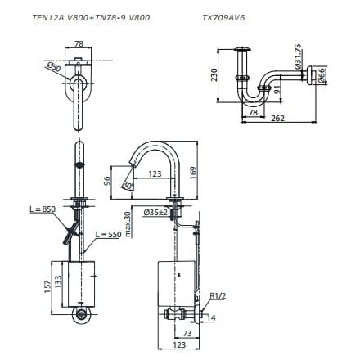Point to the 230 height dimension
[x=214, y=74]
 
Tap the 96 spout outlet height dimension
[x=106, y=180]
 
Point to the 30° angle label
[x=128, y=187]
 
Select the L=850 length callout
[x=42, y=209]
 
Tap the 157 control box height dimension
[x=47, y=283]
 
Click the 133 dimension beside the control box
[x=59, y=283]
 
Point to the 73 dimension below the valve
[x=187, y=334]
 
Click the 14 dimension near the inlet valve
[x=213, y=317]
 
